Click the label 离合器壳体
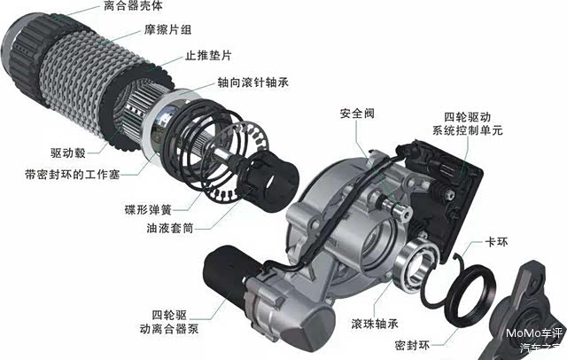tap(133, 6)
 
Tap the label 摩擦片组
tap(167, 29)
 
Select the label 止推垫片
tap(209, 55)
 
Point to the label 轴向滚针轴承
tap(253, 82)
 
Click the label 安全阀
tap(357, 113)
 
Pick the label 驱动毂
tap(68, 153)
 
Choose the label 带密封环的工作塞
tap(73, 175)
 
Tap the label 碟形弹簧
tap(148, 209)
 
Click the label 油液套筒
tap(170, 228)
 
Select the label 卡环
tap(496, 242)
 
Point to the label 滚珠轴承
tap(375, 324)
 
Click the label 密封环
tap(412, 346)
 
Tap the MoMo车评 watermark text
tap(534, 333)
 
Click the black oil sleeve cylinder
tap(275, 181)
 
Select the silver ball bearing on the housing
tap(416, 262)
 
